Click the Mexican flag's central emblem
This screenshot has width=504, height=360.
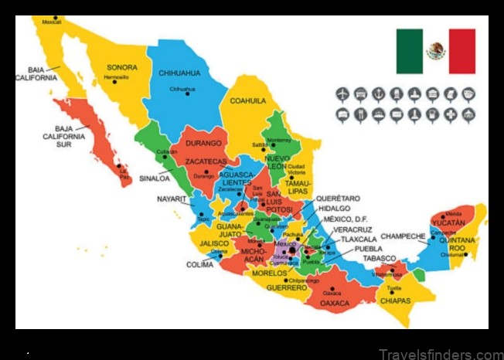[436, 51]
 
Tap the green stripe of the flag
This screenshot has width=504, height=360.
[409, 51]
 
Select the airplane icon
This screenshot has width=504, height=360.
[342, 94]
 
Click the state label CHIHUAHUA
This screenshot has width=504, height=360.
[179, 73]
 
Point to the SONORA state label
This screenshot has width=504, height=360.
[122, 67]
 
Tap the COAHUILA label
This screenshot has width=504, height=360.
[247, 100]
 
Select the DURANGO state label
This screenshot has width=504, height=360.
[203, 143]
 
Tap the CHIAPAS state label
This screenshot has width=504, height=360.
[397, 301]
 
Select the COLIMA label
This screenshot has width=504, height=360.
[199, 265]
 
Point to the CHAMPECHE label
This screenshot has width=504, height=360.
[404, 235]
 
